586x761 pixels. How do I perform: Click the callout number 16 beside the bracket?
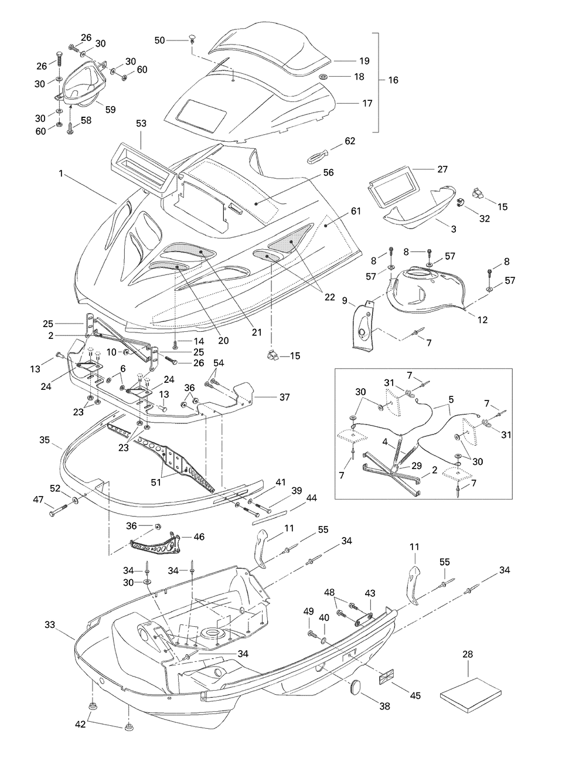[393, 80]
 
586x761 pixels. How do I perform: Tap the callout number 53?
[141, 123]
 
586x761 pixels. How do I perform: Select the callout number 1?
[61, 174]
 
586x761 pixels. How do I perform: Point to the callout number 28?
[468, 654]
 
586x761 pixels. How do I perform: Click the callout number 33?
[50, 625]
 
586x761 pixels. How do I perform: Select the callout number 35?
[45, 440]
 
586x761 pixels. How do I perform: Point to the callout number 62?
[350, 141]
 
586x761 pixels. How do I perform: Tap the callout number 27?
[442, 169]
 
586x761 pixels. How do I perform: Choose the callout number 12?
[482, 320]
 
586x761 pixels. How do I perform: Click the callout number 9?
[345, 301]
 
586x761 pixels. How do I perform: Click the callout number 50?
[159, 40]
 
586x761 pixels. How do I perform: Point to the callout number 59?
[110, 110]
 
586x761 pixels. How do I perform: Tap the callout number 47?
[38, 500]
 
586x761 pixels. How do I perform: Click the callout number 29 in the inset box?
[417, 466]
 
